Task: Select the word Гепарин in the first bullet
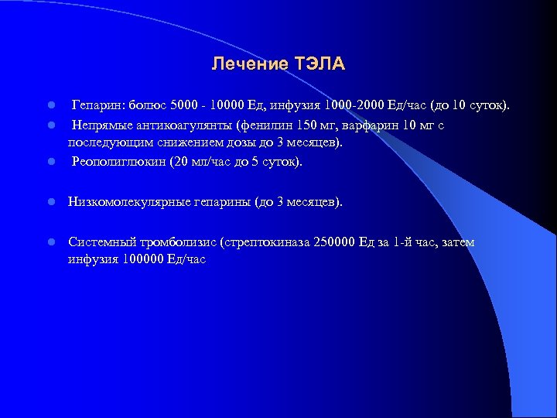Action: coord(96,104)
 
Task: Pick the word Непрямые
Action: coord(101,125)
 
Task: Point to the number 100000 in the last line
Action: coord(143,259)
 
